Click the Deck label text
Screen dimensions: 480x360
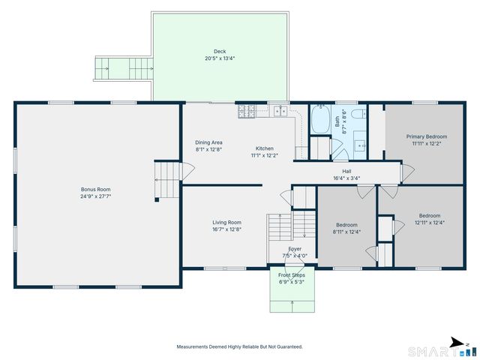pos(220,52)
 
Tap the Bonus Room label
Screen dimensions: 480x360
pos(95,190)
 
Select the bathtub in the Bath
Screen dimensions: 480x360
pos(321,118)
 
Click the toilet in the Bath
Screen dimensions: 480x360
pos(358,114)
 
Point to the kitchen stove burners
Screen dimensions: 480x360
pos(247,111)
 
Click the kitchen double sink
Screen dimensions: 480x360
pos(280,111)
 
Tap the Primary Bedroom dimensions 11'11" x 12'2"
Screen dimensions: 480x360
pos(426,143)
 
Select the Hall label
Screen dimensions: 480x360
pos(346,172)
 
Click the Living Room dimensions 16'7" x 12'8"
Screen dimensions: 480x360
pos(226,229)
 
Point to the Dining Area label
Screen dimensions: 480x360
pos(208,142)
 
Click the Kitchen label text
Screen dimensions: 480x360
pos(265,148)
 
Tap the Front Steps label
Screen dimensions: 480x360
pos(292,275)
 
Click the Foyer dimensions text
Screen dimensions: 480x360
pos(295,256)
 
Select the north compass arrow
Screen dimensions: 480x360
pos(457,343)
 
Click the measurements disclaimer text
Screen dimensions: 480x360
pos(239,346)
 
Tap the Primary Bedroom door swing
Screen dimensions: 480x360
pos(408,173)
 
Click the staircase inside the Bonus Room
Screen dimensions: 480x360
pos(167,180)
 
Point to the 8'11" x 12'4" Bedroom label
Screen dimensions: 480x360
pos(346,228)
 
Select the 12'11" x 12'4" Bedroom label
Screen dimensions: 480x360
pos(430,219)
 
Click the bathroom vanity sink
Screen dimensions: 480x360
pos(360,145)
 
